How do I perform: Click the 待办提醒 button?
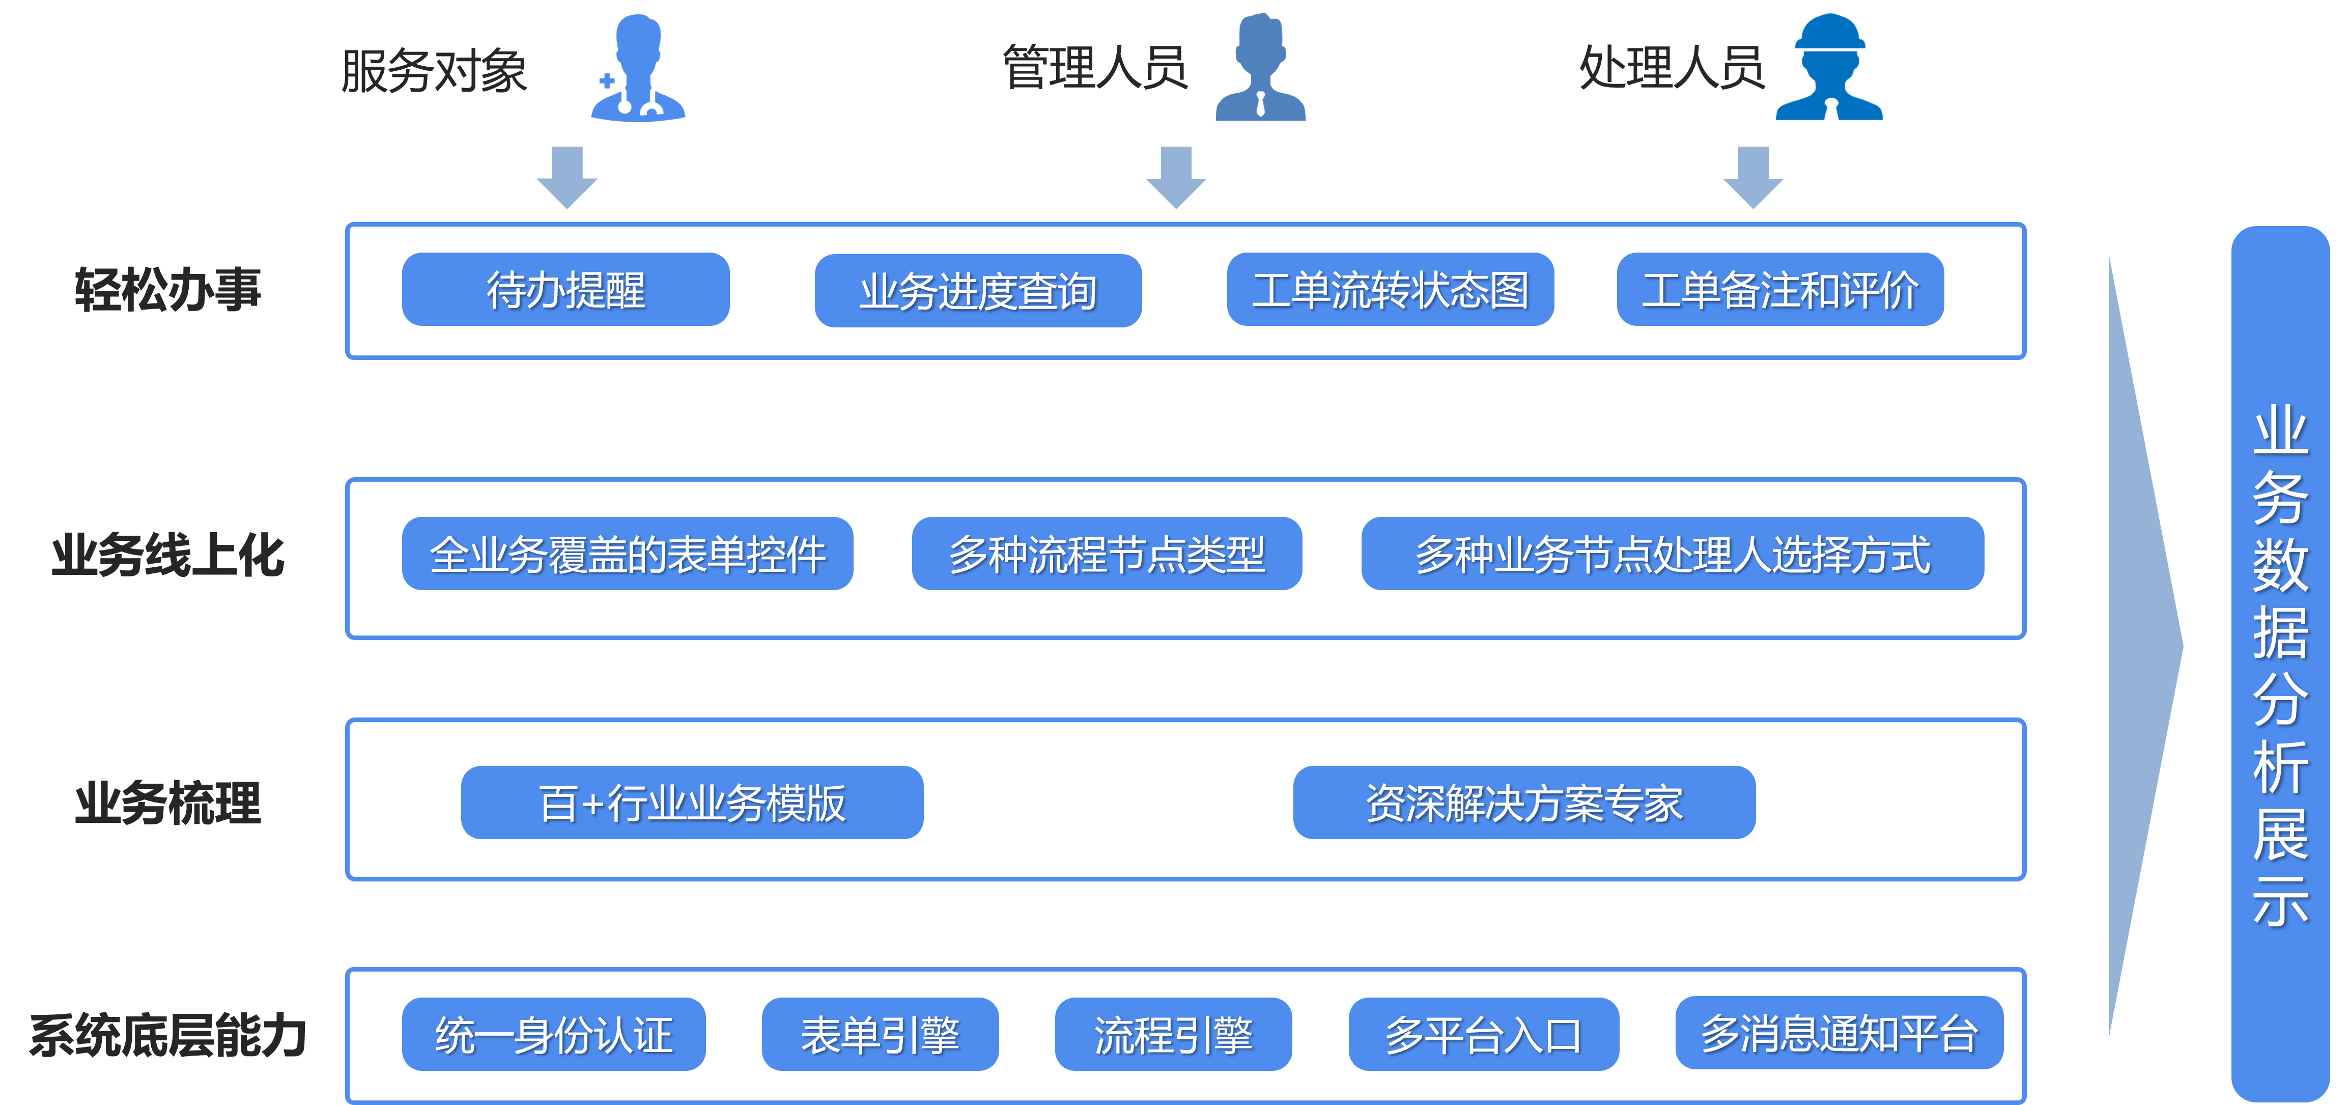(565, 290)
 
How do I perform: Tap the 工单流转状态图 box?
(1390, 290)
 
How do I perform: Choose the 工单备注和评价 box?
(1780, 290)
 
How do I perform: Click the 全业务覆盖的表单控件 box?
(627, 554)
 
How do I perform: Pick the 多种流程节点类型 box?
(1107, 554)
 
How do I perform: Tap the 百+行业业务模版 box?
(692, 803)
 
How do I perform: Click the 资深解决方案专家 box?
(1524, 803)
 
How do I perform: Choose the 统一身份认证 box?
(553, 1034)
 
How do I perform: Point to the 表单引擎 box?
(880, 1034)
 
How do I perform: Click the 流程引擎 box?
(1173, 1034)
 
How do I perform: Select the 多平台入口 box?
(1483, 1034)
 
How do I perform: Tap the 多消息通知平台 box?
(1838, 1033)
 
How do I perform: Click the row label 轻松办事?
(168, 290)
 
